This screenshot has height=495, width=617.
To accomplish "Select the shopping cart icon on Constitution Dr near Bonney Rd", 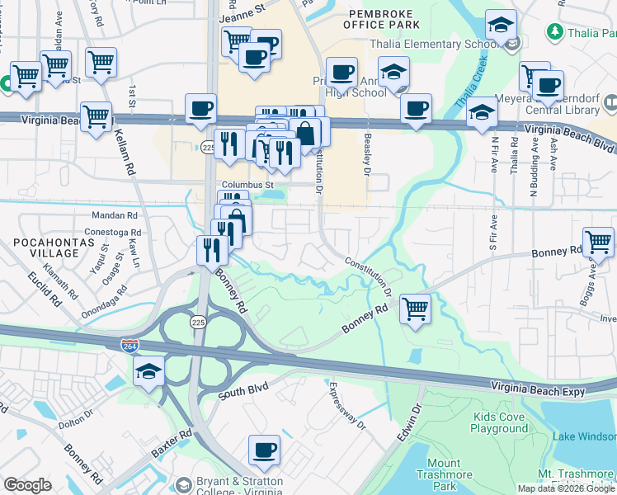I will click(416, 310).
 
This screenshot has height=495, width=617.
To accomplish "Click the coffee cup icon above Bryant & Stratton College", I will click(264, 450).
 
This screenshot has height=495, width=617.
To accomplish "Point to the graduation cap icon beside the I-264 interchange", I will click(150, 372).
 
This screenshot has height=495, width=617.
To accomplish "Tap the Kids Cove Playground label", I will click(499, 423).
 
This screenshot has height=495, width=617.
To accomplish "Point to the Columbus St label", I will click(247, 185).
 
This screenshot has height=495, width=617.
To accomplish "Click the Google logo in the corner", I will click(27, 485).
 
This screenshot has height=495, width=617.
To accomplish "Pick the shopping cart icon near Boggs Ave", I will click(598, 243).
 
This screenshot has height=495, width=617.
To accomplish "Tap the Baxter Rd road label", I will click(172, 444).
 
